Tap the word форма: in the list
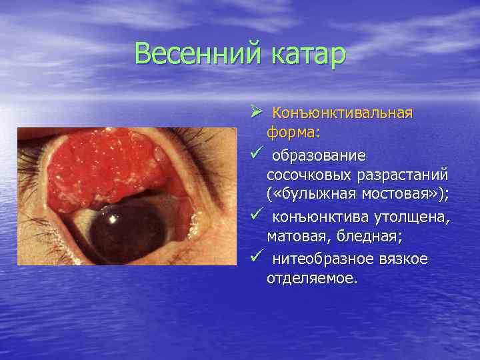(293, 133)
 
